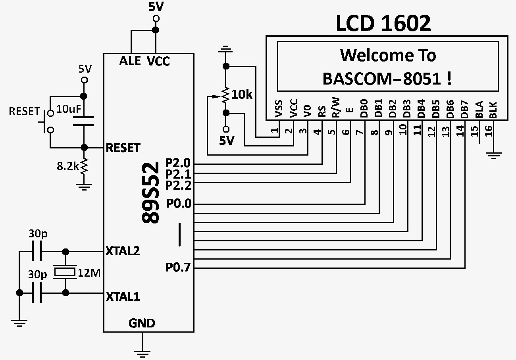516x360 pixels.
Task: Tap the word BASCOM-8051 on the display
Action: tap(381, 79)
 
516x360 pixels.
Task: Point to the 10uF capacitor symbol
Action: tap(83, 121)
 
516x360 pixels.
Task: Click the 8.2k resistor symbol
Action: tap(84, 167)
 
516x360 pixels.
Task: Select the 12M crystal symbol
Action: tap(64, 272)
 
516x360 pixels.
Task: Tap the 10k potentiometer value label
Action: tap(243, 95)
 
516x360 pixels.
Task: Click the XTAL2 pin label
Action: tap(123, 251)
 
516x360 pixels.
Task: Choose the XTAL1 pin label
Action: tap(123, 296)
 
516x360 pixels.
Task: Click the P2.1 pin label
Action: tap(179, 174)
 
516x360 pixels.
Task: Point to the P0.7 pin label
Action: tap(179, 268)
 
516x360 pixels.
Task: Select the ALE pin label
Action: tap(130, 61)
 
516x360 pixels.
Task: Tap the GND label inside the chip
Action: tap(142, 323)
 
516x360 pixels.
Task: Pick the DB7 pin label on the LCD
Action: tap(464, 110)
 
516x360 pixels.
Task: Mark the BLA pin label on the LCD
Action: tap(479, 110)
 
